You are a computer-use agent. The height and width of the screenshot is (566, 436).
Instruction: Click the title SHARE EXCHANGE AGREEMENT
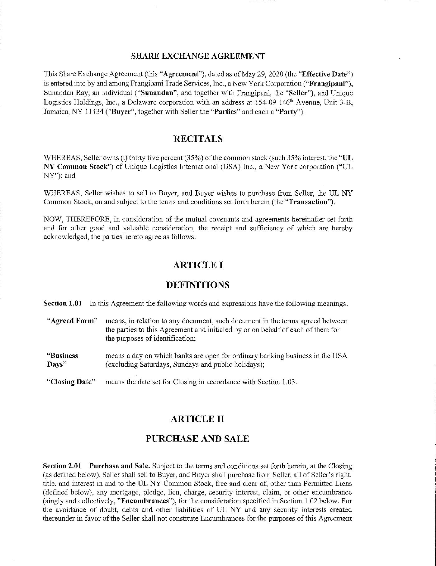pos(198,56)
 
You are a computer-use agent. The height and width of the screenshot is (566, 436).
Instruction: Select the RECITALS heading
pos(198,139)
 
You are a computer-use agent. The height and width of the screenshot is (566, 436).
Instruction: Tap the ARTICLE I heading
pos(198,265)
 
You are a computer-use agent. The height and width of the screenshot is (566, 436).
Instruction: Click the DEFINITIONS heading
pos(198,285)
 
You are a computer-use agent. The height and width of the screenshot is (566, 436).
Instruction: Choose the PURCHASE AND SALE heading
pos(197,439)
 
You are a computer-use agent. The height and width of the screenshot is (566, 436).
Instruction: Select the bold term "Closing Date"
pos(71,382)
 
